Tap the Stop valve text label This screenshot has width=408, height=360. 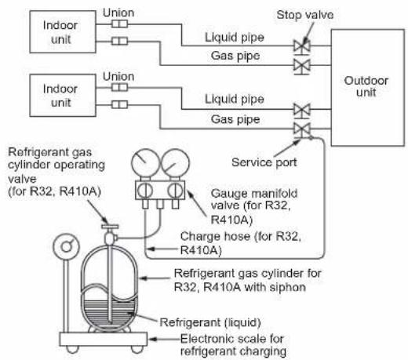click(305, 15)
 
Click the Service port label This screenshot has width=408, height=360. click(264, 162)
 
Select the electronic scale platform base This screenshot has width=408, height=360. click(104, 339)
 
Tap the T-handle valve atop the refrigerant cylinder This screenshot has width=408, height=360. click(110, 227)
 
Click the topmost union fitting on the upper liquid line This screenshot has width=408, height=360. click(119, 24)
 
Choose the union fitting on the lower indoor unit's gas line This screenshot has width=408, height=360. click(119, 104)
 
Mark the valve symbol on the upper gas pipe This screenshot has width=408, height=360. click(302, 65)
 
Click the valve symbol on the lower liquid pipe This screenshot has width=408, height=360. click(302, 110)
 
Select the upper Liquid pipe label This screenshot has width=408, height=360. click(235, 38)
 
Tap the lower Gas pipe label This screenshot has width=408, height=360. click(235, 119)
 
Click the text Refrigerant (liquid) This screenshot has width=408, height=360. click(210, 322)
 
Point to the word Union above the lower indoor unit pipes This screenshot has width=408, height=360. click(118, 76)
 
